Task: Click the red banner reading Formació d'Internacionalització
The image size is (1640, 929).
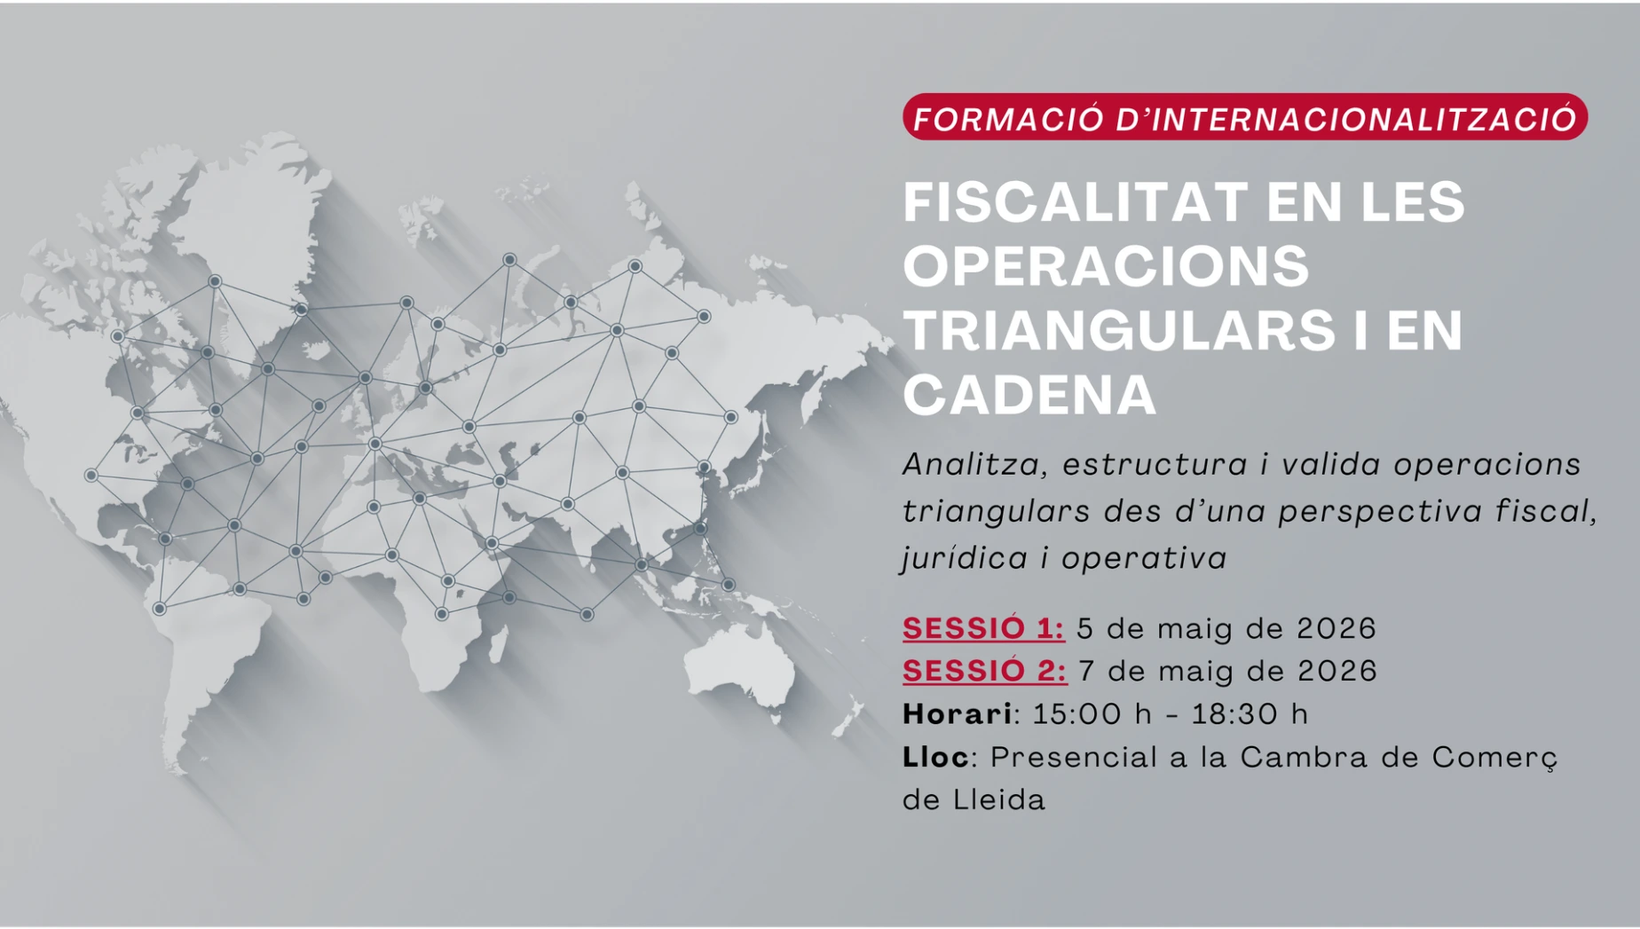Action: click(x=1245, y=117)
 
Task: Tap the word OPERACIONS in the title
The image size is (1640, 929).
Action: click(x=1106, y=265)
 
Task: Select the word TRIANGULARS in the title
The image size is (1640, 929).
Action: click(x=1119, y=330)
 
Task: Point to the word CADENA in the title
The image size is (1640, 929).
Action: click(x=1029, y=394)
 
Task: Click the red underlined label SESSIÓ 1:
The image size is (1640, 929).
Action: click(x=983, y=628)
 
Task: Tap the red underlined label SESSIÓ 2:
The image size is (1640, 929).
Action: click(x=984, y=671)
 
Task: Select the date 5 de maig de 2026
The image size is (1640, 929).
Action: click(x=1226, y=628)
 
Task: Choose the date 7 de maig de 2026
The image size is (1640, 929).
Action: click(x=1227, y=671)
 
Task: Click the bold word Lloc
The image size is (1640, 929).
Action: click(x=936, y=757)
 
